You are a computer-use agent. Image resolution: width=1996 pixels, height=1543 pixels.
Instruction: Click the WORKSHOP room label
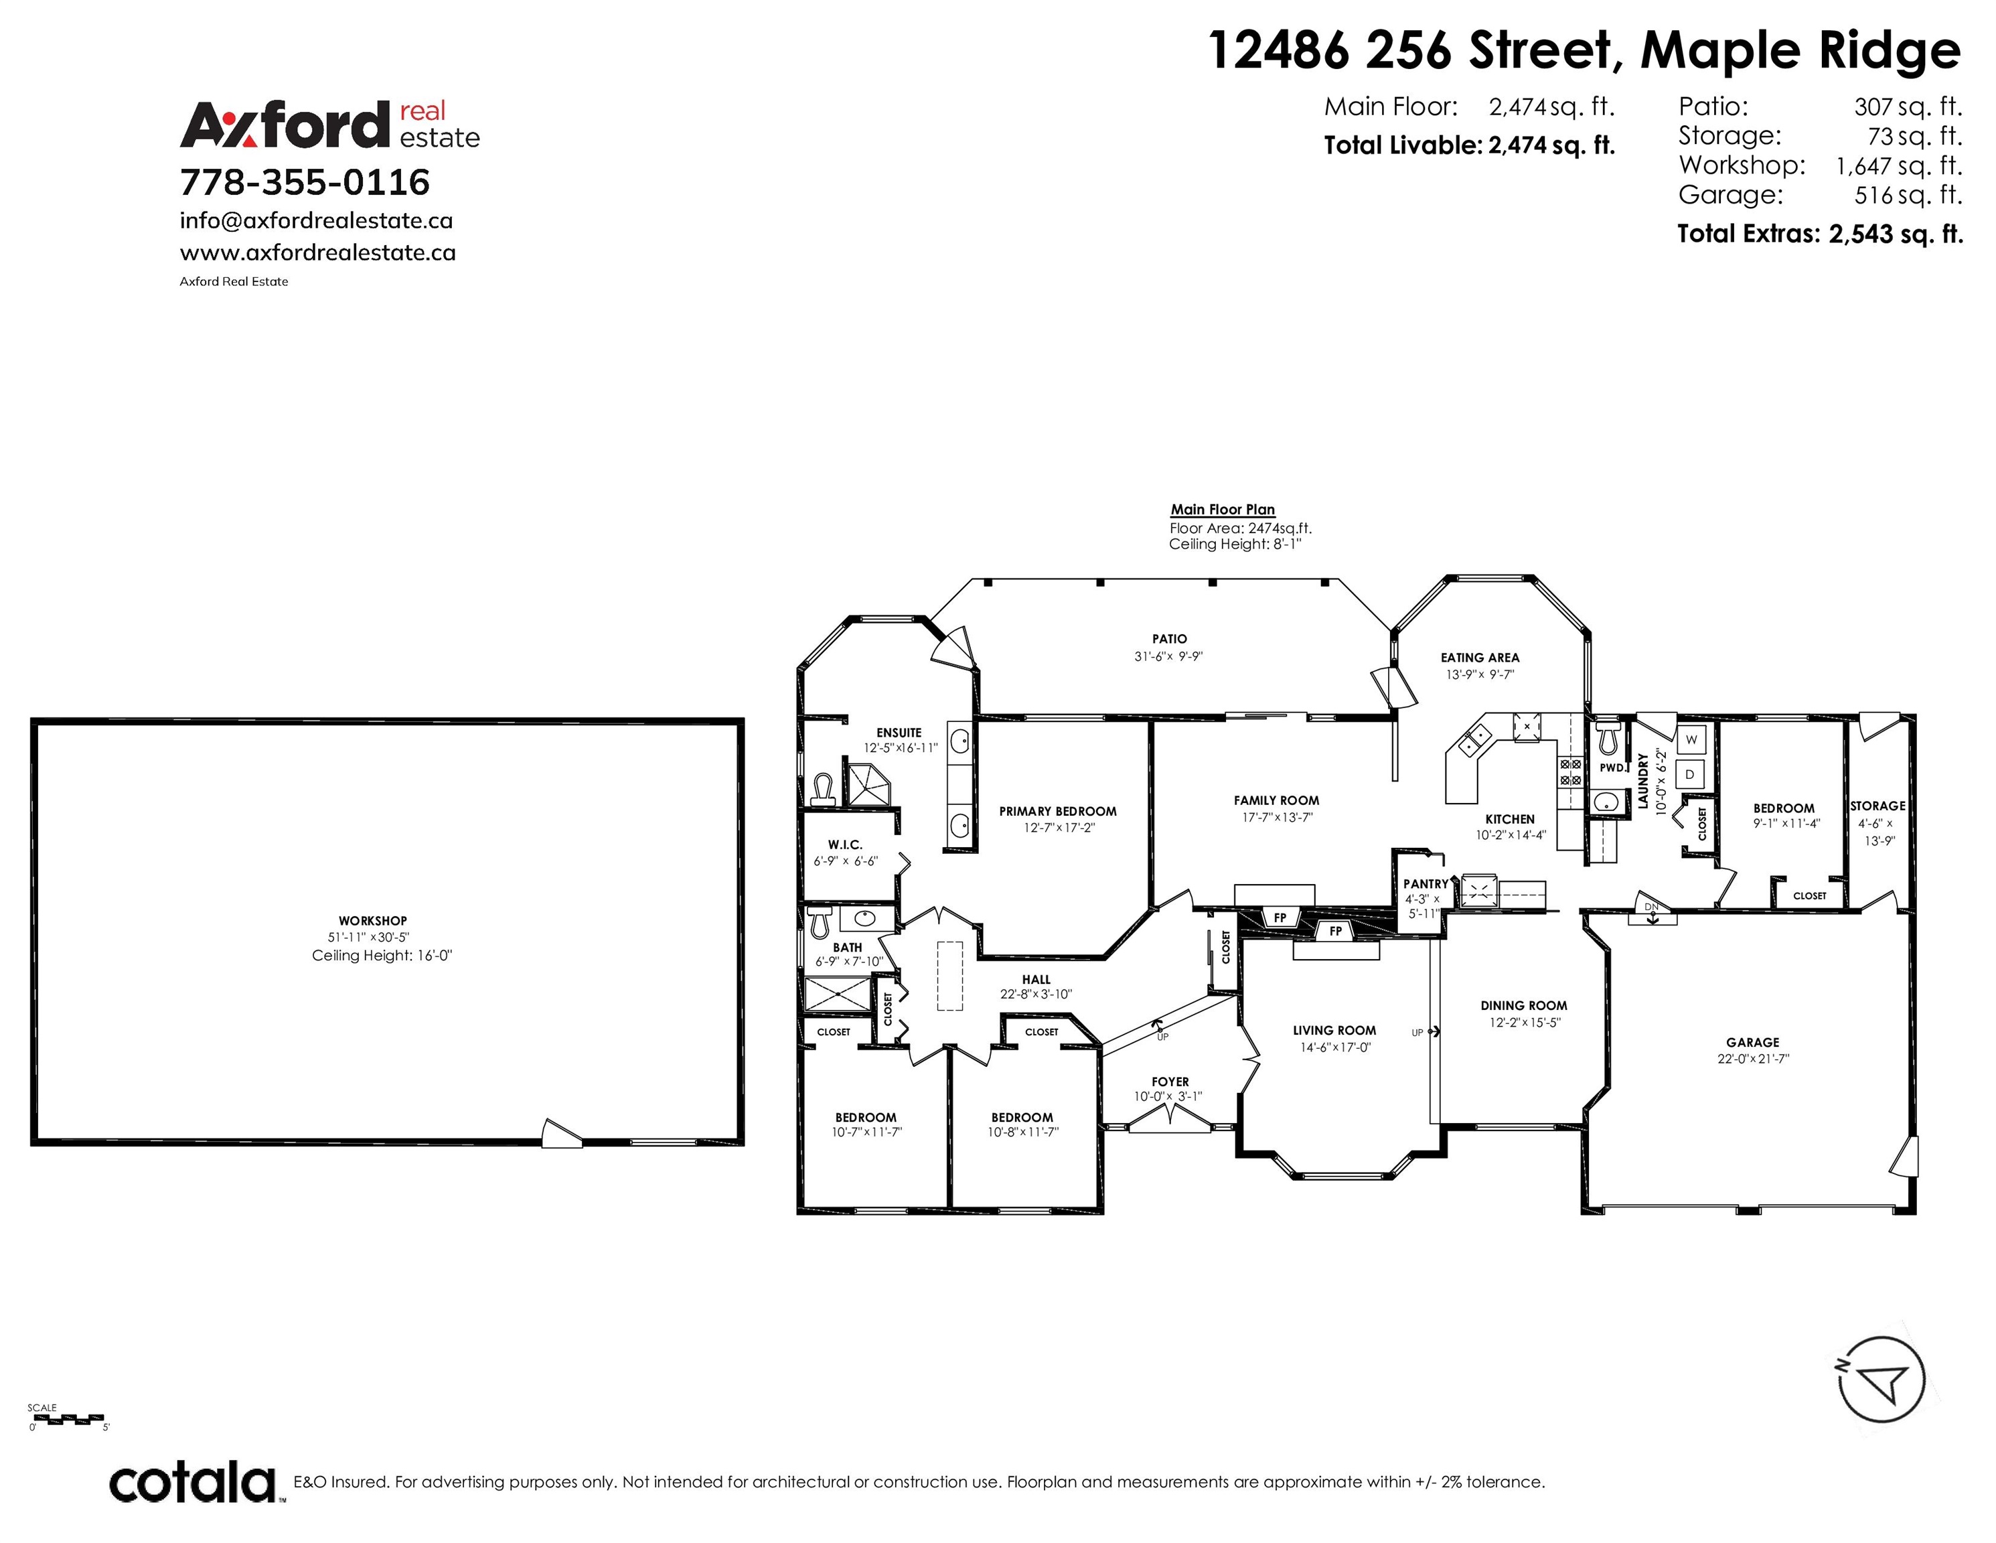tap(373, 920)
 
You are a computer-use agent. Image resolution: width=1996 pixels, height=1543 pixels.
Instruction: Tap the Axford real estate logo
tap(330, 125)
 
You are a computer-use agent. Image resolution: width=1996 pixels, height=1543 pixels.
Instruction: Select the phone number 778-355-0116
tap(305, 182)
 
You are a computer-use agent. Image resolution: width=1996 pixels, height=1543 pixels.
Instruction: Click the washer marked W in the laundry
tap(1691, 739)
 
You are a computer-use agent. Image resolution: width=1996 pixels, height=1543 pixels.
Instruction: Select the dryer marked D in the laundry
tap(1691, 774)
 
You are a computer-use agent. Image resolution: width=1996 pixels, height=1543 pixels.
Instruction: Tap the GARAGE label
tap(1753, 1042)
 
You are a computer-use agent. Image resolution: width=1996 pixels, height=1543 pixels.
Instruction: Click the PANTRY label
tap(1426, 884)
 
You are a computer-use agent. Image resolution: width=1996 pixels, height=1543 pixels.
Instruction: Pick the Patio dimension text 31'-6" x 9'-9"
tap(1169, 656)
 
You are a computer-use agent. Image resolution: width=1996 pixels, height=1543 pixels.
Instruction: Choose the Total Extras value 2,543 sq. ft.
tap(1896, 234)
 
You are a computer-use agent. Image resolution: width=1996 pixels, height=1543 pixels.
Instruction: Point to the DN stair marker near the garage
tap(1651, 907)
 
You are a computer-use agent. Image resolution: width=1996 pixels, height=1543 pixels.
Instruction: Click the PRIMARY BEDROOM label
tap(1057, 811)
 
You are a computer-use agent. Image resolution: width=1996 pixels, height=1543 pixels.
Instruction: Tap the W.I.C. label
tap(846, 844)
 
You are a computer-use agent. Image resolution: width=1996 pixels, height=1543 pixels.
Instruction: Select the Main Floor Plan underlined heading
tap(1223, 509)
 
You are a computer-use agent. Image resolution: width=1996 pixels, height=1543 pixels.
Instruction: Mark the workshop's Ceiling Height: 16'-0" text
tap(382, 955)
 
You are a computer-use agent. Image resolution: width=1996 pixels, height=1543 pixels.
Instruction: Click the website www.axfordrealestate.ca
tap(318, 252)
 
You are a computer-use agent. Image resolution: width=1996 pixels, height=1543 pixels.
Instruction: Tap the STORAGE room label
tap(1878, 806)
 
